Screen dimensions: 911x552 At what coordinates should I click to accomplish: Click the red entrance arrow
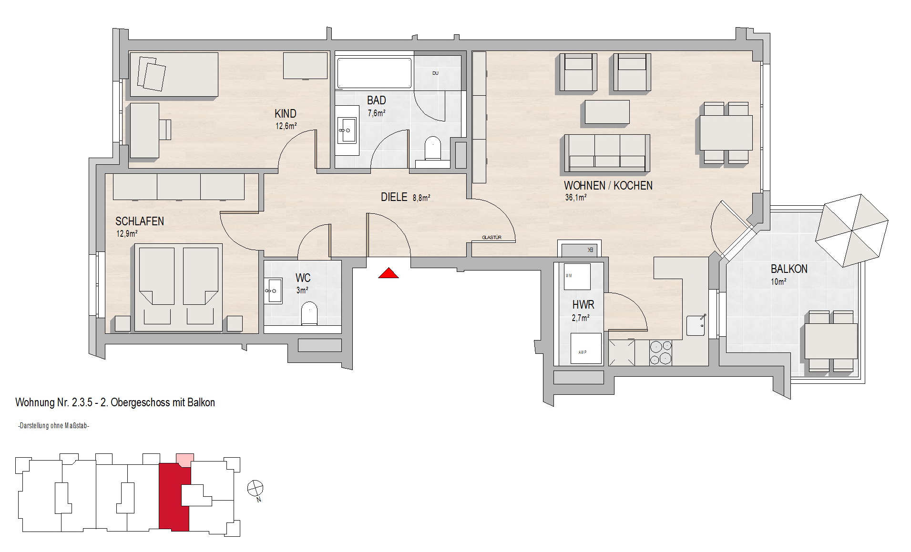tap(388, 273)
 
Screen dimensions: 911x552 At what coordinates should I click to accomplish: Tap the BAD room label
tap(376, 100)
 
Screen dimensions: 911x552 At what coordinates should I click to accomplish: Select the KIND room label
tap(286, 114)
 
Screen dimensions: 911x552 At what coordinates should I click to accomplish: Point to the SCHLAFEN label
tap(140, 221)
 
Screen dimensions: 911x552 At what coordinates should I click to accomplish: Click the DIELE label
tap(394, 197)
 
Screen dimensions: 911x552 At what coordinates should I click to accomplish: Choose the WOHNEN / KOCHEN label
tap(608, 186)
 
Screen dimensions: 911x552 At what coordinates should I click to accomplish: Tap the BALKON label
tap(789, 269)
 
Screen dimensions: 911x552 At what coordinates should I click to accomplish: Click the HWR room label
tap(583, 305)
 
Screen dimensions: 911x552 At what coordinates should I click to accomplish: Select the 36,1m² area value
tap(575, 198)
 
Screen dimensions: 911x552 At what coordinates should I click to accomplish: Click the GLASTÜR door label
tap(491, 237)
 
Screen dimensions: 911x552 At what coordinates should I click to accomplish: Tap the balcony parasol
tap(851, 231)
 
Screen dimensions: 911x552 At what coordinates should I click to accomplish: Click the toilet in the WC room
tap(309, 313)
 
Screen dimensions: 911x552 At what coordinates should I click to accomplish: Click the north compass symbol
tap(256, 489)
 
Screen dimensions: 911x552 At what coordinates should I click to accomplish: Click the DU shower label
tap(435, 73)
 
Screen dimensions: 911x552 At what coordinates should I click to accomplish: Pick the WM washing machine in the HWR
tap(577, 276)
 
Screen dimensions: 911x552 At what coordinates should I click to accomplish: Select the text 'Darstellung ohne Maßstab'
tap(53, 426)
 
